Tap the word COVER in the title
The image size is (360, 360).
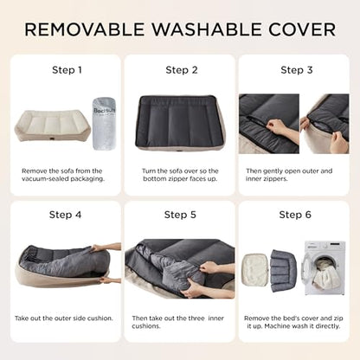[296, 29]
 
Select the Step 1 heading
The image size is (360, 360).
[67, 70]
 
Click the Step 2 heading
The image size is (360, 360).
[181, 70]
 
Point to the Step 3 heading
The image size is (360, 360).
[294, 70]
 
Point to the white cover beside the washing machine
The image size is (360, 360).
[257, 267]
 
